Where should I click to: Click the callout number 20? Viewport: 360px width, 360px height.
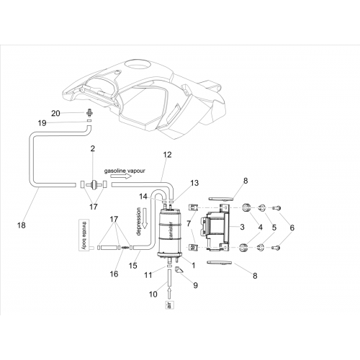pos(55,113)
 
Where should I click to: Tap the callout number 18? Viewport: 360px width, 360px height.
pos(22,225)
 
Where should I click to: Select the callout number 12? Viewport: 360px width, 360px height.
pos(167,155)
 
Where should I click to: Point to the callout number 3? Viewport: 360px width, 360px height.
pos(242,227)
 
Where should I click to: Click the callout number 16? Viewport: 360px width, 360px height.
pos(114,274)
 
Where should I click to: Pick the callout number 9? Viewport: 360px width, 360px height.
pos(196,285)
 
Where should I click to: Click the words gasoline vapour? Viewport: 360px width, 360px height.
pos(125,171)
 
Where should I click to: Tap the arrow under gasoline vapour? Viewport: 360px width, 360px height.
pos(121,176)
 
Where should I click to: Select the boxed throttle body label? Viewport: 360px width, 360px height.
pos(84,235)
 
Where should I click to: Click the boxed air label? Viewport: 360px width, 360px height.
pos(170,305)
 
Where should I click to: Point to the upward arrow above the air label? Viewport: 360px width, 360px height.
pos(170,293)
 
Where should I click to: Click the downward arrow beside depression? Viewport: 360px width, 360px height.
pos(145,218)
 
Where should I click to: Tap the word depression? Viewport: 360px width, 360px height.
pos(138,222)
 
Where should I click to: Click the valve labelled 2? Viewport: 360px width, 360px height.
pos(93,185)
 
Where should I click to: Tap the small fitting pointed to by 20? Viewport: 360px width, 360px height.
pos(89,112)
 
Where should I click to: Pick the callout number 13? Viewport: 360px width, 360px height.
pos(194,183)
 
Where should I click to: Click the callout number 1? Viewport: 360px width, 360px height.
pos(193,265)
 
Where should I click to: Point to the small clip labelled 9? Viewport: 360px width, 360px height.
pos(179,270)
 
